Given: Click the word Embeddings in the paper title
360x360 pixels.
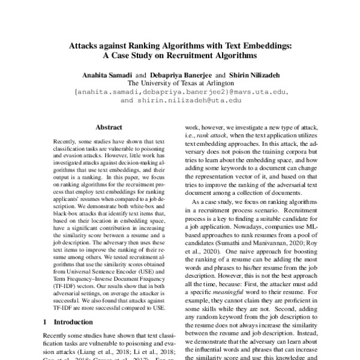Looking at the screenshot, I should [x=263, y=44].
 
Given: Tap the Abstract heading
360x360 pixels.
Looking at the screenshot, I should [x=109, y=128].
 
